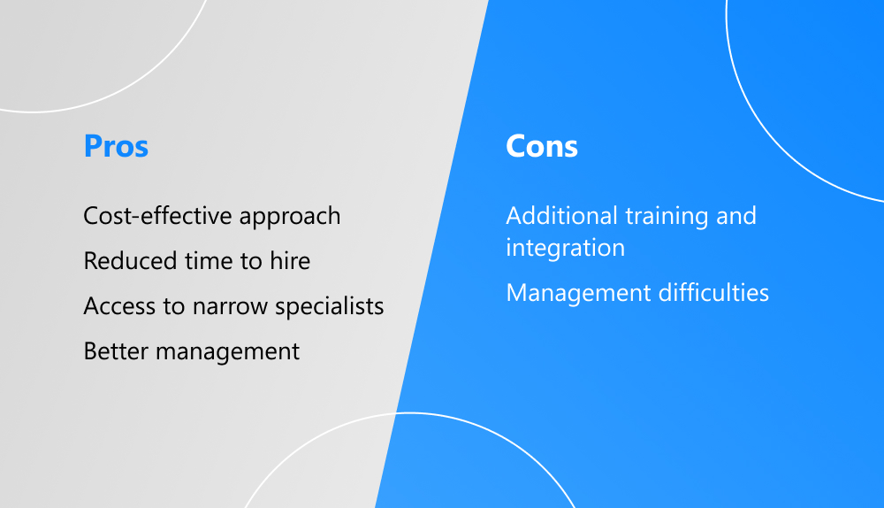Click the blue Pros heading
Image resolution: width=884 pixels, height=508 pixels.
[x=116, y=146]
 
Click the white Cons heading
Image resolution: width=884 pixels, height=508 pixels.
[x=542, y=146]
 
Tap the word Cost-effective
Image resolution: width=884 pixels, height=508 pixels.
[x=158, y=216]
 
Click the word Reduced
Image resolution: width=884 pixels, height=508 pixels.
[x=130, y=261]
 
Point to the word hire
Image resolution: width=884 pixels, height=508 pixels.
[x=290, y=261]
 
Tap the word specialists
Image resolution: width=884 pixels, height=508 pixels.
[x=329, y=307]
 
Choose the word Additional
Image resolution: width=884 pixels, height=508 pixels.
[x=561, y=216]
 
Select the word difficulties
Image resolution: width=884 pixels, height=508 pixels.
[x=713, y=292]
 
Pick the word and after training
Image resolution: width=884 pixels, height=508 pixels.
[x=735, y=216]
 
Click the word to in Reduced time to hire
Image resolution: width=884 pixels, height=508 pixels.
[x=251, y=262]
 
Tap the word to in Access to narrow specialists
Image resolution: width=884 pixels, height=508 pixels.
[x=174, y=307]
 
